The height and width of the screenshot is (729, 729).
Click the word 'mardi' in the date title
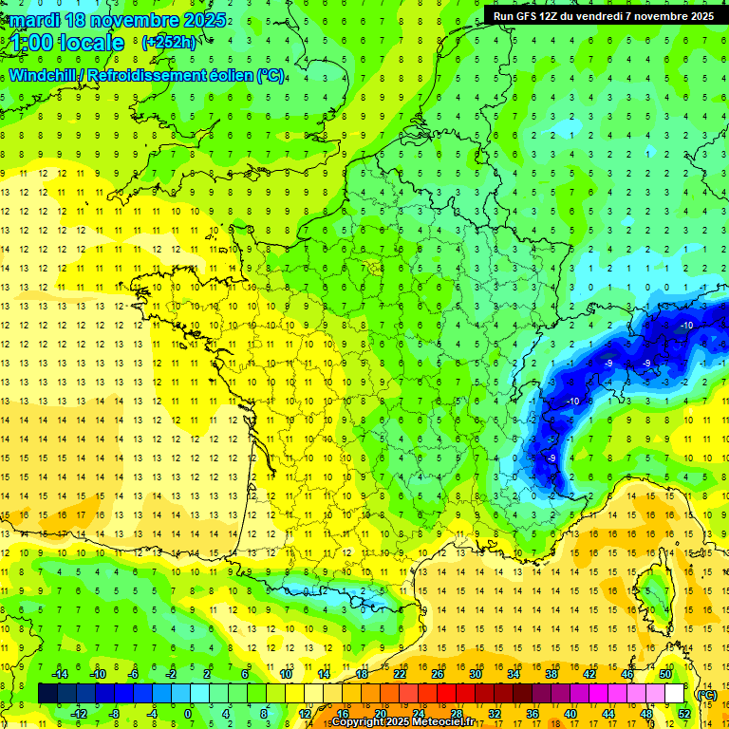point(37,20)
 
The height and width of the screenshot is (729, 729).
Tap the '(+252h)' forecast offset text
point(168,43)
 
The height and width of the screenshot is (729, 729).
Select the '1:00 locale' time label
point(67,43)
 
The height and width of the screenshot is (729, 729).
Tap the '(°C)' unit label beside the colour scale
point(705,694)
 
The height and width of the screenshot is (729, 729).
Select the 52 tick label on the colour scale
point(684,713)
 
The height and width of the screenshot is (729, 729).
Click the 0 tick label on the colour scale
point(187,713)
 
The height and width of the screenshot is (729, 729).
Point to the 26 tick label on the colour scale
point(438,673)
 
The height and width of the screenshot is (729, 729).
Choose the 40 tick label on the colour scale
point(570,713)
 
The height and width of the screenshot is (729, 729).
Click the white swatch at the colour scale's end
point(675,693)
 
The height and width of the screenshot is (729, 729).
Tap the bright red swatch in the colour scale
point(447,693)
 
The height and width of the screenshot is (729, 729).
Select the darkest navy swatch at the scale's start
point(47,693)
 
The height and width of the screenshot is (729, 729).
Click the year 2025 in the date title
point(204,20)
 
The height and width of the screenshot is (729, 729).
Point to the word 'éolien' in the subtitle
point(228,76)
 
